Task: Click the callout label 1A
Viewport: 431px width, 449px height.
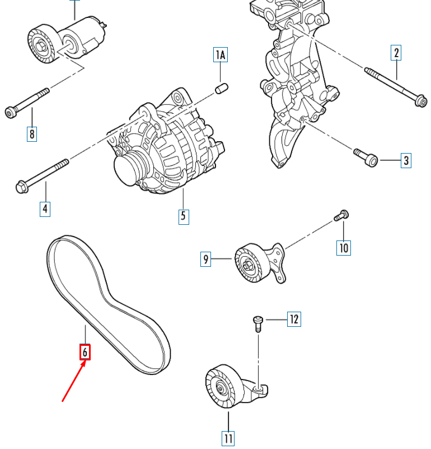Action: click(x=221, y=54)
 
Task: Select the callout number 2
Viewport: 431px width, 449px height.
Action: click(x=396, y=53)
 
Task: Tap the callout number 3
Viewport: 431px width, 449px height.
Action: click(x=406, y=161)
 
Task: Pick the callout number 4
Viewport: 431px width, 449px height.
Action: click(x=45, y=210)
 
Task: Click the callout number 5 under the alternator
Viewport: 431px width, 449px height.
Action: click(x=184, y=216)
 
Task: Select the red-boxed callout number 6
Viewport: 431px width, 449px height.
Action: click(x=85, y=352)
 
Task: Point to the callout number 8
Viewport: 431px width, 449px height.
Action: click(x=32, y=134)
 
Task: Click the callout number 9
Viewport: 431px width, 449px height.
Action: click(x=206, y=259)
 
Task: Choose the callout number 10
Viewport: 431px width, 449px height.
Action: click(x=343, y=247)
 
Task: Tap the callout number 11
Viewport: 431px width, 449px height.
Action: click(x=228, y=438)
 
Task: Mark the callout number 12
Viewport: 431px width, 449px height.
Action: click(x=294, y=320)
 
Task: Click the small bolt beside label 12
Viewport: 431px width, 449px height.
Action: click(x=257, y=323)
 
